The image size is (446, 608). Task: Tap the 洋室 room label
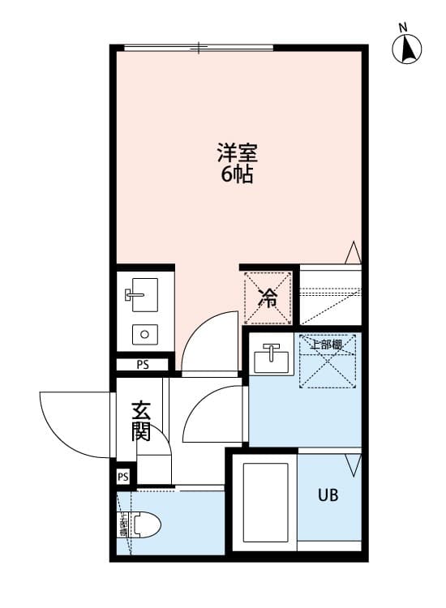click(x=238, y=152)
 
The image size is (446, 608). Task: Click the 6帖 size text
click(x=238, y=174)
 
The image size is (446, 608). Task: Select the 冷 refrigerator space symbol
click(x=268, y=298)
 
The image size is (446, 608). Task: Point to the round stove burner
click(x=145, y=333)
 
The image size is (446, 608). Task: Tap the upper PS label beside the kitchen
click(x=143, y=365)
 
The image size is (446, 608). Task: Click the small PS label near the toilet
click(x=123, y=477)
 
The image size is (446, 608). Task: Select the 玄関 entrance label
click(x=142, y=421)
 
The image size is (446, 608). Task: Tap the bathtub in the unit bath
click(x=266, y=503)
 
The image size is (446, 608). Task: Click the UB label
click(x=328, y=495)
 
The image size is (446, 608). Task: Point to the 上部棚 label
click(x=326, y=345)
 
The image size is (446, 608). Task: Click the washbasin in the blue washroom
click(x=272, y=358)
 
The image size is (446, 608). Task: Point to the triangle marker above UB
click(x=352, y=465)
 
